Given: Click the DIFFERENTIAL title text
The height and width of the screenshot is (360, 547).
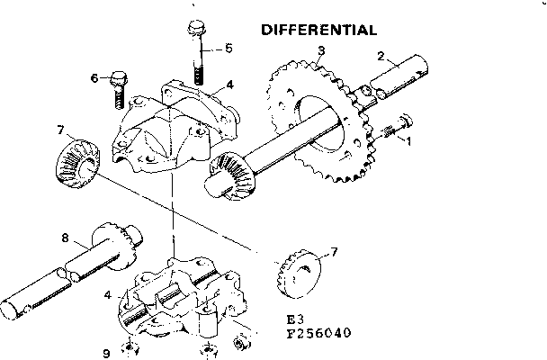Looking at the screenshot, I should [318, 30].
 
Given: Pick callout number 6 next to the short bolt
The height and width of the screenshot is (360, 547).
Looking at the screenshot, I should [94, 79].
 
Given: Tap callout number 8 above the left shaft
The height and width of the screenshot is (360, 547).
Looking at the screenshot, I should [65, 238].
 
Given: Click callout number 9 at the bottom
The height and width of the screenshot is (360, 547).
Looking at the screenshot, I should [107, 353].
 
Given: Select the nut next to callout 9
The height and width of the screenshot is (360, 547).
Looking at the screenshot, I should [131, 348].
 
